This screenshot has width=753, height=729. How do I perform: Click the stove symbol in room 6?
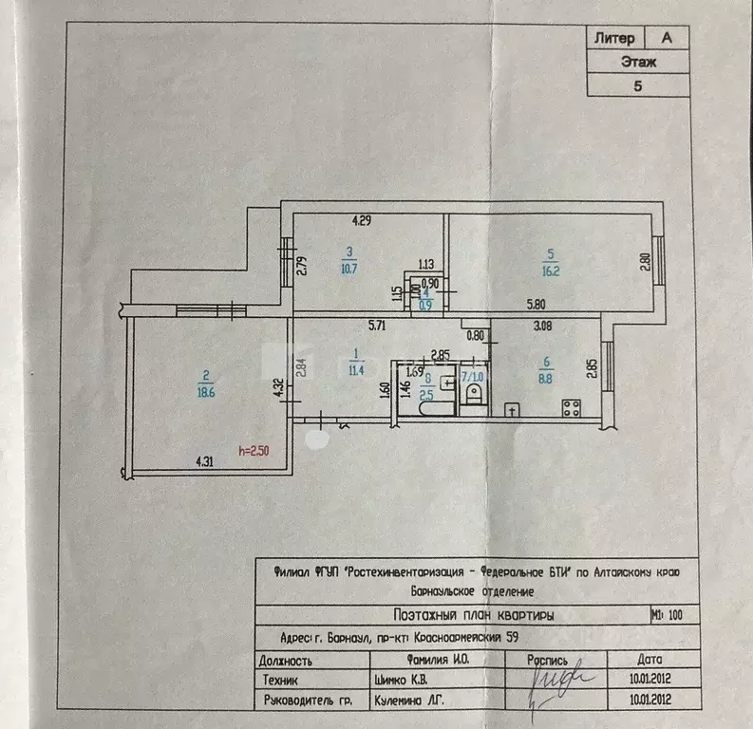click(573, 409)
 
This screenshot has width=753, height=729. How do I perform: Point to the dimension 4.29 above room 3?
click(361, 221)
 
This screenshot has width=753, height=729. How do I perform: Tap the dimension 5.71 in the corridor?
click(381, 326)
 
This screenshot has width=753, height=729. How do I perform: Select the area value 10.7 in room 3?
click(348, 267)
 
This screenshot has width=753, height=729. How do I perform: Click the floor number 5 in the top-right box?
click(637, 85)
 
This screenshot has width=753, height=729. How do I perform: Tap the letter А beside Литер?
click(667, 38)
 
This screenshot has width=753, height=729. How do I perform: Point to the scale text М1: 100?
click(668, 615)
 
